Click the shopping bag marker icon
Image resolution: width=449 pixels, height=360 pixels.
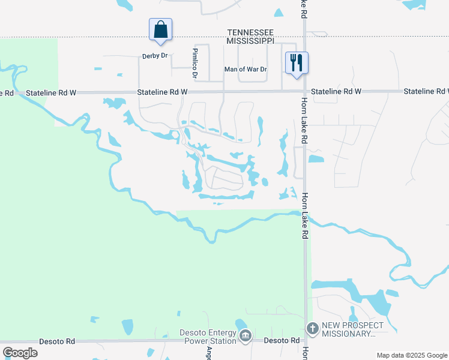[x=160, y=29]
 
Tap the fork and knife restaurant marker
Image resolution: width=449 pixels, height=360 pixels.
[x=296, y=63]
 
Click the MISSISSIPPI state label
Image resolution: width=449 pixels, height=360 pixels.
[x=250, y=40]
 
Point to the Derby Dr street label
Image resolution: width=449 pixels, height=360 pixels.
[x=154, y=56]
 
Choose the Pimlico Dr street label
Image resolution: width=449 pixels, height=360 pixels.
[x=194, y=63]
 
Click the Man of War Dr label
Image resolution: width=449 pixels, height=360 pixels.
[x=245, y=70]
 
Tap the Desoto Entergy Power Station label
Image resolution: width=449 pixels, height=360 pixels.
[x=208, y=337]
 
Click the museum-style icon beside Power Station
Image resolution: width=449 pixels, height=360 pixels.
[x=245, y=337]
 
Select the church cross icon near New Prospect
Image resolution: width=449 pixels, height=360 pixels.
[x=312, y=328]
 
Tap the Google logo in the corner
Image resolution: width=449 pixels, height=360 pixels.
[x=20, y=352]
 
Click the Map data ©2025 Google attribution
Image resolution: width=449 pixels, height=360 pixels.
[x=411, y=355]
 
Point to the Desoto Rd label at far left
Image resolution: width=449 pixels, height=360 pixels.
[x=57, y=341]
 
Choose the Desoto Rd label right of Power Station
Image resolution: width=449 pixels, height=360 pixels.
[x=282, y=340]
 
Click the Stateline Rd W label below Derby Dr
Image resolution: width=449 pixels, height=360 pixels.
[x=162, y=92]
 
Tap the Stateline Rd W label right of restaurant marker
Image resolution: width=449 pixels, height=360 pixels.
[x=336, y=91]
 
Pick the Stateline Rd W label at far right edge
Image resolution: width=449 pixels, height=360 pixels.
[x=426, y=91]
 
